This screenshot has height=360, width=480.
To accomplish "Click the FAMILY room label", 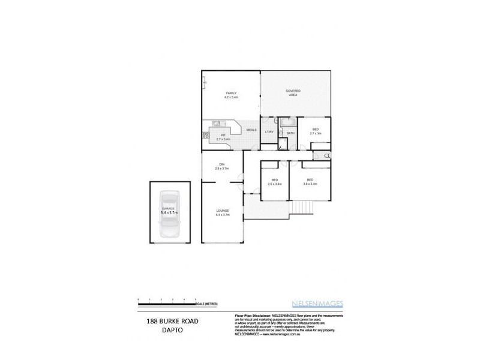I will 231,92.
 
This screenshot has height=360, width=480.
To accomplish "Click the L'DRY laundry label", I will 269,132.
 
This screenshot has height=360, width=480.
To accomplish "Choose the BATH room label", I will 290,133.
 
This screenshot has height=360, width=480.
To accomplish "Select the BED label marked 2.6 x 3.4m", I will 274,181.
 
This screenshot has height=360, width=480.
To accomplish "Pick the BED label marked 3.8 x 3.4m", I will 310,181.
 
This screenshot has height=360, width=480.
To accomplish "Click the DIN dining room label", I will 221,166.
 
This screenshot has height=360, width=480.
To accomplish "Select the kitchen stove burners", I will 205,136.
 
